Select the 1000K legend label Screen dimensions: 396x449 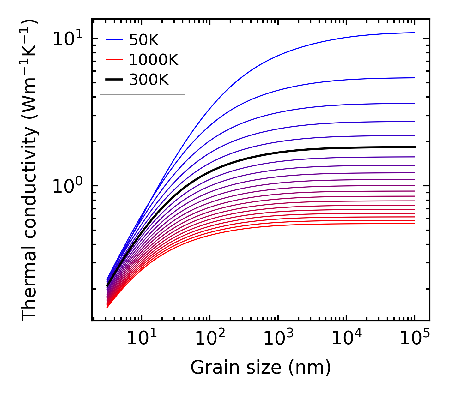(154, 60)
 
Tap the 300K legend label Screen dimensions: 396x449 (149, 80)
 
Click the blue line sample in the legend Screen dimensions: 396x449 (114, 40)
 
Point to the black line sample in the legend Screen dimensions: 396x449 (114, 80)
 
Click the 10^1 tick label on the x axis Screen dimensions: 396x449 (142, 339)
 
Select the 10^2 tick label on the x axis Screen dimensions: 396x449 (210, 339)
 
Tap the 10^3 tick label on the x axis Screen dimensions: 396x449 (278, 339)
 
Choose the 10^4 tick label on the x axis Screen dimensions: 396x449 (347, 339)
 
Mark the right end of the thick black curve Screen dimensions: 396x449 (414, 147)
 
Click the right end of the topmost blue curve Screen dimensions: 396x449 (414, 33)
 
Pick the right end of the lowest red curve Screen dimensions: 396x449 (414, 224)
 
